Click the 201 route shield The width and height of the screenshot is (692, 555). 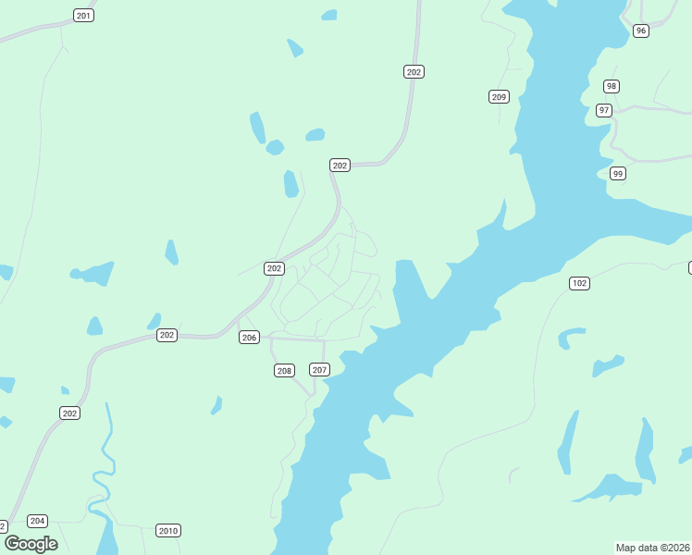[83, 16]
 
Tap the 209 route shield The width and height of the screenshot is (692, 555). [499, 96]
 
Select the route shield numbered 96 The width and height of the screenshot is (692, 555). [641, 31]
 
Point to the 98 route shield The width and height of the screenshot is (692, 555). [612, 86]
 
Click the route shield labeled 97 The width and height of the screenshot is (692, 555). [604, 110]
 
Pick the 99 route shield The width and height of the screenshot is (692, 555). [618, 173]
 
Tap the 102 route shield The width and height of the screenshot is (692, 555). [579, 283]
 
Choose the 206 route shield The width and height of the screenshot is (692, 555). [249, 338]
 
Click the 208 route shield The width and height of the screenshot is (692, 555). [284, 371]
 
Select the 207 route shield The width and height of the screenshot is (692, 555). [319, 370]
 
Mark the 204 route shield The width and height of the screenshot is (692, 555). [37, 521]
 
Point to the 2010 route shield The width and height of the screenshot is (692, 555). [167, 531]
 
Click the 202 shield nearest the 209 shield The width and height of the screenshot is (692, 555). [414, 71]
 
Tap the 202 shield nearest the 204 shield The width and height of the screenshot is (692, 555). [69, 413]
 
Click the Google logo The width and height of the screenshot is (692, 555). [31, 543]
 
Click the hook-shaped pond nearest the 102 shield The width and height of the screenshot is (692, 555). [571, 335]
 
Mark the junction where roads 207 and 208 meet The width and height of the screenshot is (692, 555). [314, 395]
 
